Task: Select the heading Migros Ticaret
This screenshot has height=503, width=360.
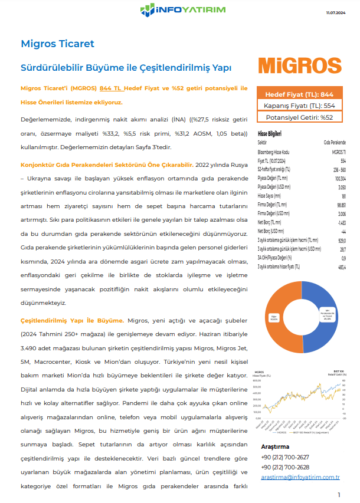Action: [x=57, y=44]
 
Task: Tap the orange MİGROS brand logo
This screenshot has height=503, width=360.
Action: [x=300, y=65]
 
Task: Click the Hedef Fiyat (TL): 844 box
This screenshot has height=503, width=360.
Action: [x=299, y=94]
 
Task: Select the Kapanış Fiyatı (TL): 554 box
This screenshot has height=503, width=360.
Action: [x=299, y=106]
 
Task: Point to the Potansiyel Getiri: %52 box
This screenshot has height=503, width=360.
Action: [x=299, y=117]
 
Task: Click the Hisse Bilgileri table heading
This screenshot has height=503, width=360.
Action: [x=270, y=134]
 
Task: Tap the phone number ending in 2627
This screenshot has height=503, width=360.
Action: [x=284, y=457]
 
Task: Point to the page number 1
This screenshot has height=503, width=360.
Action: [x=339, y=494]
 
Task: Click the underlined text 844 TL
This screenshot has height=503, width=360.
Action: [x=112, y=88]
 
